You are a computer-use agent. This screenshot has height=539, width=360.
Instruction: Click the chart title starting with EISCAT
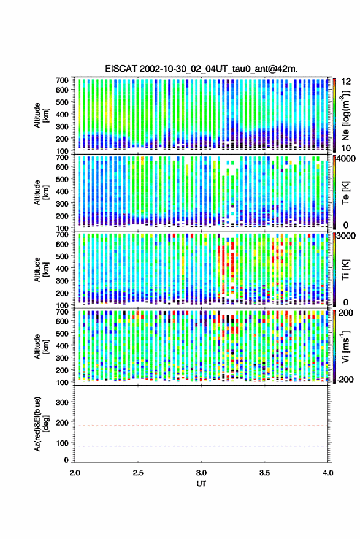pos(201,69)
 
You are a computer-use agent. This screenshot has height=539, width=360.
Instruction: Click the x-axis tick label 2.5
pos(138,473)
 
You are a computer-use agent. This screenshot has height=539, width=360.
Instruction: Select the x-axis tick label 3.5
pos(264,473)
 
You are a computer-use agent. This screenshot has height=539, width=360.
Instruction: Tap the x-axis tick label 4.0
pos(328,473)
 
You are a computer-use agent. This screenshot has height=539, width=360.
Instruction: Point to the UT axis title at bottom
pos(201,484)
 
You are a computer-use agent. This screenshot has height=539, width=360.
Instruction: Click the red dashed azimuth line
pos(201,426)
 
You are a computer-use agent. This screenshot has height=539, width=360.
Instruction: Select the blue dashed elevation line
pos(201,446)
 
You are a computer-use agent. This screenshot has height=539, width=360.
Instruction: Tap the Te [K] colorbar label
pos(345,193)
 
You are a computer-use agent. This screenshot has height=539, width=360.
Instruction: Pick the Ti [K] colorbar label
pos(345,270)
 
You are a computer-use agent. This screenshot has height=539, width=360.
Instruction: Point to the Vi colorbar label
pos(345,346)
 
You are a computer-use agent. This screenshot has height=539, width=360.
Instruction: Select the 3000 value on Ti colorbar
pos(347,235)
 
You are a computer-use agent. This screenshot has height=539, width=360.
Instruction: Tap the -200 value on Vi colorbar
pos(345,380)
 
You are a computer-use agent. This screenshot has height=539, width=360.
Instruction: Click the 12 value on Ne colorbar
pos(347,82)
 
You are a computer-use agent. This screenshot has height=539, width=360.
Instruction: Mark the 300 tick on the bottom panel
pos(62,402)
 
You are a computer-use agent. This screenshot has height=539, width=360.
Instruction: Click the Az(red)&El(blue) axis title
pos(42,424)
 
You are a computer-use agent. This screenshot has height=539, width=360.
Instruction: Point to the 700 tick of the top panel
pos(62,80)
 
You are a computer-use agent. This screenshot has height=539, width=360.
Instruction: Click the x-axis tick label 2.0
pos(75,473)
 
